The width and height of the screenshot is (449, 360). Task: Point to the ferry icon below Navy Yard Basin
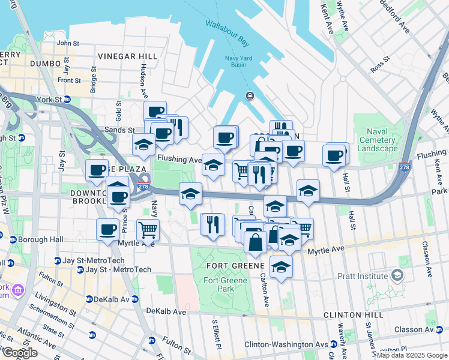pyautogui.click(x=248, y=96)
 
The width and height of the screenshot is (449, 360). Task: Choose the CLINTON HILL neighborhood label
pyautogui.click(x=353, y=315)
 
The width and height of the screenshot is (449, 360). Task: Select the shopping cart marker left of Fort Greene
pyautogui.click(x=147, y=229)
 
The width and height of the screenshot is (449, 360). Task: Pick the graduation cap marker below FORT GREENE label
pyautogui.click(x=280, y=267)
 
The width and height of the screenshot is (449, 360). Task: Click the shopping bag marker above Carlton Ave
pyautogui.click(x=255, y=242)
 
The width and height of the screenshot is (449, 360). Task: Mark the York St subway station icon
pyautogui.click(x=67, y=100)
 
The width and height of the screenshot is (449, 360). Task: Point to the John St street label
pyautogui.click(x=67, y=43)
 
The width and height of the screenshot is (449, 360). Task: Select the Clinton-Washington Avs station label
pyautogui.click(x=283, y=344)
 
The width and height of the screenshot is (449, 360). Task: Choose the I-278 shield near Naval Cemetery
pyautogui.click(x=404, y=167)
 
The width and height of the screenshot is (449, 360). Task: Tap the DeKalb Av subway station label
pyautogui.click(x=111, y=299)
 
